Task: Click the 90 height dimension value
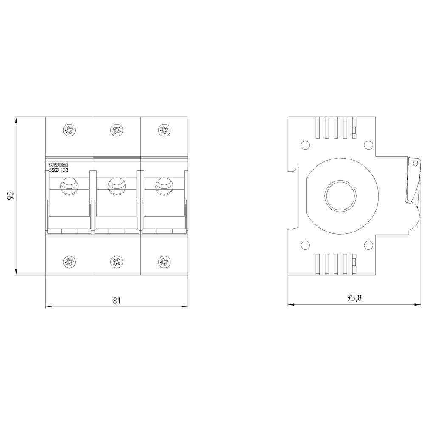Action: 11,196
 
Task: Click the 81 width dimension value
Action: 117,300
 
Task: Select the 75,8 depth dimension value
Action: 354,298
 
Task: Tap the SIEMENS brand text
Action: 59,165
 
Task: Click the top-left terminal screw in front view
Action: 69,130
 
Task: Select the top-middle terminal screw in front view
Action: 116,130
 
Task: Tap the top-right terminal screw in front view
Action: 164,130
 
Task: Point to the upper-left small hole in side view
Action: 305,146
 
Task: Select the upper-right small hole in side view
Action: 367,146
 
